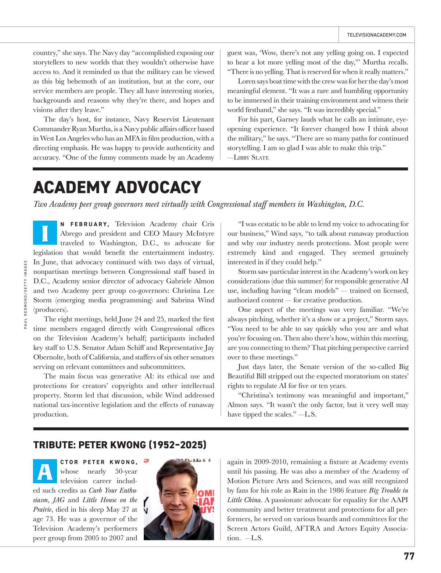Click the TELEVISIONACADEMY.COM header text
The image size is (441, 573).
tap(376, 35)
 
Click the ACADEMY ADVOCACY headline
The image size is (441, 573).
tap(117, 187)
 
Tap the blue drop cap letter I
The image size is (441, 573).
tap(45, 233)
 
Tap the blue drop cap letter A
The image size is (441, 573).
tap(45, 471)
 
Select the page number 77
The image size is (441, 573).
tap(409, 556)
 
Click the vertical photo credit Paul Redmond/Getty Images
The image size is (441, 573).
tap(26, 294)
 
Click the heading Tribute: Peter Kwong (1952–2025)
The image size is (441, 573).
tap(119, 445)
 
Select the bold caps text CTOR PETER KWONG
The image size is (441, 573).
tap(99, 462)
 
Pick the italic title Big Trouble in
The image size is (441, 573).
tap(388, 491)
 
